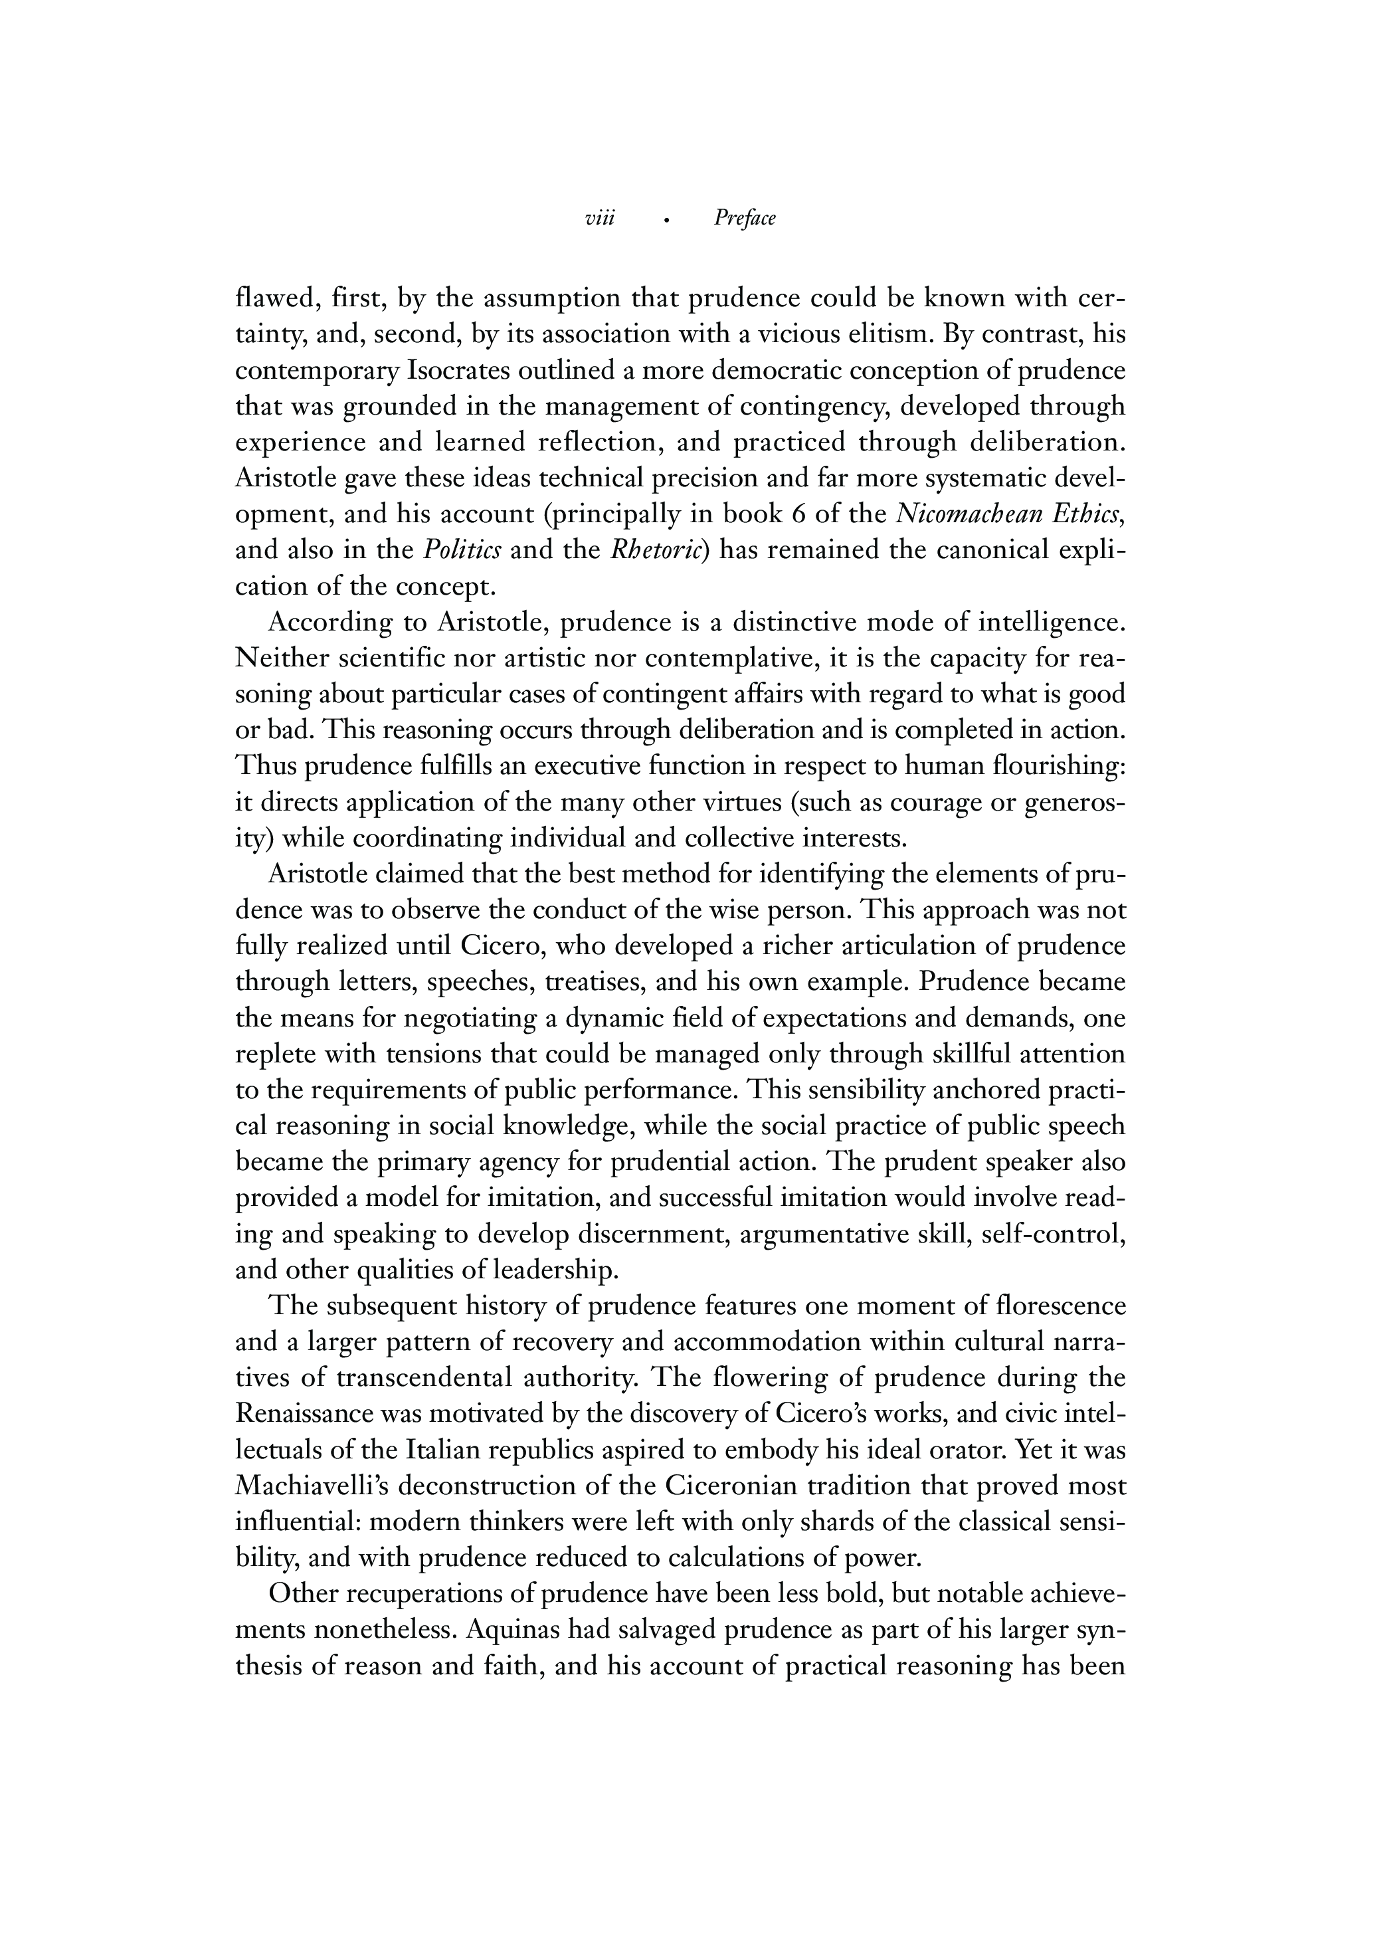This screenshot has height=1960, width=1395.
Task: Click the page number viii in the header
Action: pyautogui.click(x=600, y=219)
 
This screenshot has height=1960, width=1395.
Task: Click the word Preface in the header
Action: pyautogui.click(x=744, y=219)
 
